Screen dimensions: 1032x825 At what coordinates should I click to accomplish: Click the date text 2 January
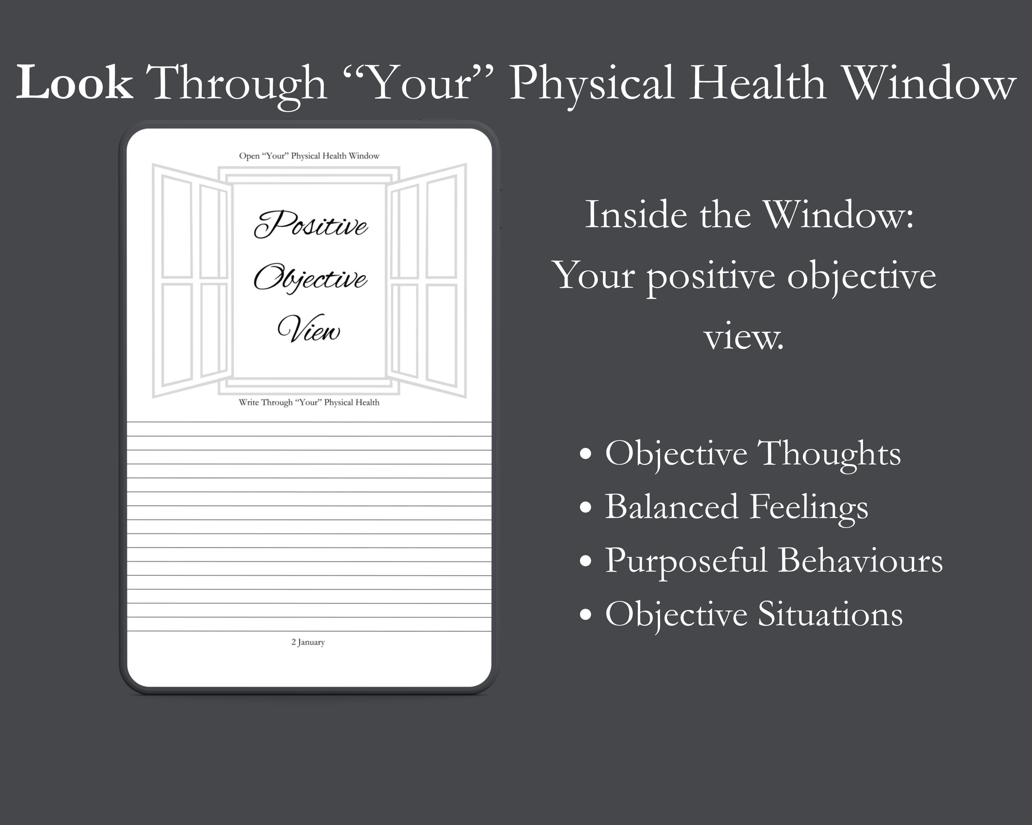pos(308,642)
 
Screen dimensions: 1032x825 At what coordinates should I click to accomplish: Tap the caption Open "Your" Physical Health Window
pos(309,156)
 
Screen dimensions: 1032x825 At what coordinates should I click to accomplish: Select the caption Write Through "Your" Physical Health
pos(309,402)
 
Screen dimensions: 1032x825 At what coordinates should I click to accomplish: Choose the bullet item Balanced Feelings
pos(737,507)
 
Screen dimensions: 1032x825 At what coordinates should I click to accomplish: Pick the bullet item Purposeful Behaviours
pos(774,561)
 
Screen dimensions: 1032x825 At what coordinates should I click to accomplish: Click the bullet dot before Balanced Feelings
pos(585,508)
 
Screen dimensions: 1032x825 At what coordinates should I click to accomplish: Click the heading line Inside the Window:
pos(750,215)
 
